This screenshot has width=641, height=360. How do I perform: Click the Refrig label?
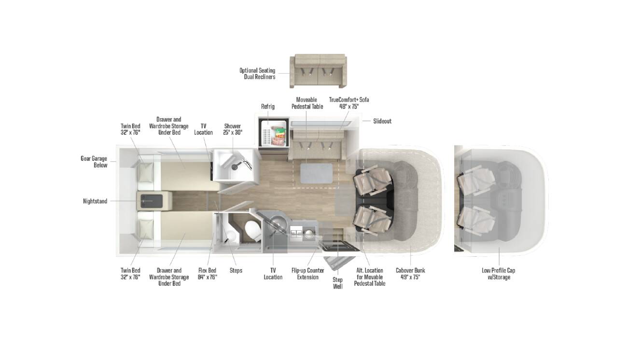[267, 107]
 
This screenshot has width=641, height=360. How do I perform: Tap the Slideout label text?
[382, 121]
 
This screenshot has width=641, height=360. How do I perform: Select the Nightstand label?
[95, 201]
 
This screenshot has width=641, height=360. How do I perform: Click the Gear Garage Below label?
[94, 162]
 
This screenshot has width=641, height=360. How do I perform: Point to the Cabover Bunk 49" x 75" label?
[410, 274]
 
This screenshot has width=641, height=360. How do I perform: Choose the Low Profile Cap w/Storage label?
[499, 274]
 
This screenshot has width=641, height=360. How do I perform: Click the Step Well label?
[338, 283]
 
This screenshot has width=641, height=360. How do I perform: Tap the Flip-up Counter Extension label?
[307, 274]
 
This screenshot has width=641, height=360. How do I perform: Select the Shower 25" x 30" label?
[232, 129]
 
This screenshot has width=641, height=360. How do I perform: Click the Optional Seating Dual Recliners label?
[257, 73]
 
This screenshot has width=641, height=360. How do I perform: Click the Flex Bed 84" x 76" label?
[208, 274]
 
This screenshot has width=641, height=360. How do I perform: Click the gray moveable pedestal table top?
[317, 173]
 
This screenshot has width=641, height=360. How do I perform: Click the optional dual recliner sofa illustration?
[319, 71]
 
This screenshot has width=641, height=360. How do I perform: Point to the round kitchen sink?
[277, 222]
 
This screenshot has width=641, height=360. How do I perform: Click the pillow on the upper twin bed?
[145, 172]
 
